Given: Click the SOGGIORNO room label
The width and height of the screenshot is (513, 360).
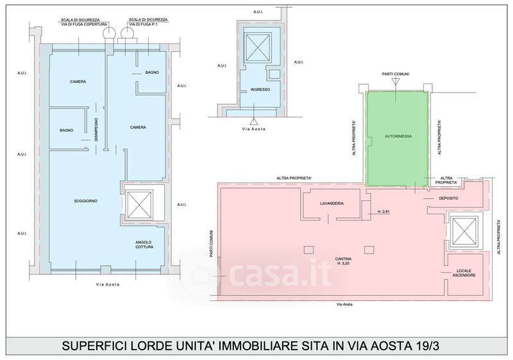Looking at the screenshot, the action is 86,201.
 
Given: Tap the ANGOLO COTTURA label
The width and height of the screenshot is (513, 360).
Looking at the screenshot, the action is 144,244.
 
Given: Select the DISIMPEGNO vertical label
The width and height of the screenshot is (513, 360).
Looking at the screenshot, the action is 96,130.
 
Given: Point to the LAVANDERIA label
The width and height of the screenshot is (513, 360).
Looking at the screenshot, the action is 332,203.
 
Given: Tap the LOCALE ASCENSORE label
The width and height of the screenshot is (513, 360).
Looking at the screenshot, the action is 464,273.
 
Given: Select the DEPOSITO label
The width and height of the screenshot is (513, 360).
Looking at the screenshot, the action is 448,198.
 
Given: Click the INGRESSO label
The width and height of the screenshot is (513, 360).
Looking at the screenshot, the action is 260,89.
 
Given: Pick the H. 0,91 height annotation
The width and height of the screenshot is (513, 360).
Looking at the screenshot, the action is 383,212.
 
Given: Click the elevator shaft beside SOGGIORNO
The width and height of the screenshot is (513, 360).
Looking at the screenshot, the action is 140,205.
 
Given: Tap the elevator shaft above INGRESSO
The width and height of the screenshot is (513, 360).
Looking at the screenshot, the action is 258,47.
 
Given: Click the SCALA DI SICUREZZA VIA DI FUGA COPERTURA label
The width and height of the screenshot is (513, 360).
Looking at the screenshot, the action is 84,22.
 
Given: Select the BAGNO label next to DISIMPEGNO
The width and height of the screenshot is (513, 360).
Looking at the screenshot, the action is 67,130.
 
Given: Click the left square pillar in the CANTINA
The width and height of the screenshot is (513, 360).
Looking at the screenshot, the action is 308,250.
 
